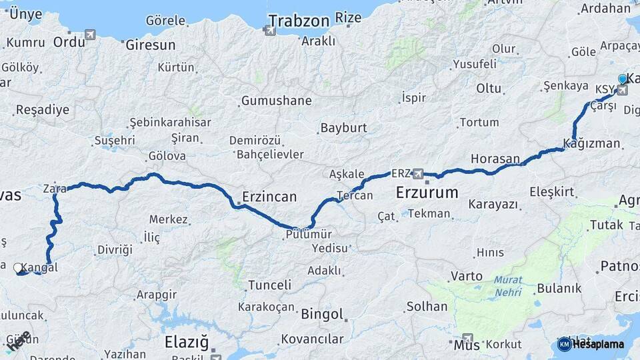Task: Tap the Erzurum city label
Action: click(x=427, y=193)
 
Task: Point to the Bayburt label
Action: click(x=343, y=127)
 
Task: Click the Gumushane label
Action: click(x=276, y=101)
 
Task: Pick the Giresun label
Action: click(x=150, y=45)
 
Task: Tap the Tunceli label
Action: click(x=269, y=285)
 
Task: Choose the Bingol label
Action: click(x=322, y=314)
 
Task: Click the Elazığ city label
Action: click(x=186, y=343)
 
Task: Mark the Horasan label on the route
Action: click(x=495, y=159)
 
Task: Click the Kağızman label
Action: click(x=591, y=143)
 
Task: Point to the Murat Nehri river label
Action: click(x=508, y=286)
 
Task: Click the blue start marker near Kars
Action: click(x=623, y=79)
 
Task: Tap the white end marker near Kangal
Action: click(x=18, y=268)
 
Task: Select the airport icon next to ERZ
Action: click(x=418, y=174)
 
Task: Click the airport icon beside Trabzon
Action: click(x=269, y=30)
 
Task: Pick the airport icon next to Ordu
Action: click(x=90, y=35)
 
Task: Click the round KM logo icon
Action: click(x=564, y=344)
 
